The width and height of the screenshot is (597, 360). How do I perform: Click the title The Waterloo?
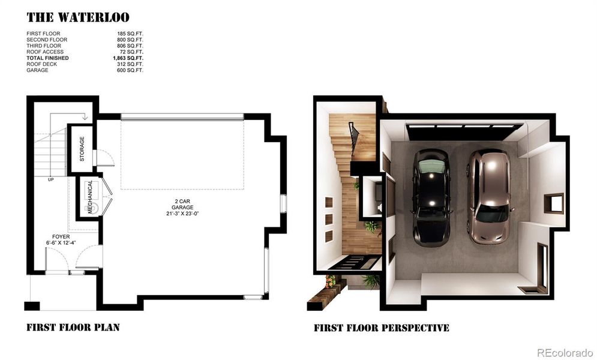coord(77,17)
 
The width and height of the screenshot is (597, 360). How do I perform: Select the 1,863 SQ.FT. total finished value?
coord(128,58)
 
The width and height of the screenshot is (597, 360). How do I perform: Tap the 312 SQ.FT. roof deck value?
coord(130,64)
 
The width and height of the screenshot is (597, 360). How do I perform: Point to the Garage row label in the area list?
coord(37,70)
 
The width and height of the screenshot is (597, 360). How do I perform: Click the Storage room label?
coord(82,149)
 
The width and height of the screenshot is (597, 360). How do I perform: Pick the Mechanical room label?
coord(90,197)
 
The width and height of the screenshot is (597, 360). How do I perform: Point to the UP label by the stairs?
coord(51,179)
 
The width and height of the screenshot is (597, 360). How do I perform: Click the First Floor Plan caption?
coord(73,328)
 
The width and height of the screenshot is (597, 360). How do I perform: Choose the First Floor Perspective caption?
coord(381,328)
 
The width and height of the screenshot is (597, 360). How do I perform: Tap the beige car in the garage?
coord(488,196)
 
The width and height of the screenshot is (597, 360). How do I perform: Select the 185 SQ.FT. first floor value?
coord(130,34)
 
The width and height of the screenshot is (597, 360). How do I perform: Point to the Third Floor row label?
coord(43,46)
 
